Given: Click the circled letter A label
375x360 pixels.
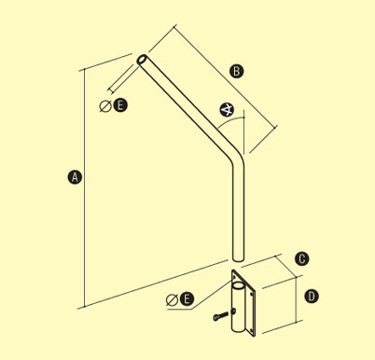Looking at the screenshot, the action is (75, 177).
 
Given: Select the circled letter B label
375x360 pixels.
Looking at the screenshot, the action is (237, 71).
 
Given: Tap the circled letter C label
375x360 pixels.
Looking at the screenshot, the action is (301, 259).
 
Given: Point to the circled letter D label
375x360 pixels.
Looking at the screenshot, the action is (312, 296).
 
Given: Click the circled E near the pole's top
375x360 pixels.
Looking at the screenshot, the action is (120, 105).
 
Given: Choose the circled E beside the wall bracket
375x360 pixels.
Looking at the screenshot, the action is (187, 299).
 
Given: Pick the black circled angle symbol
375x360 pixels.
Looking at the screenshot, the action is (227, 110).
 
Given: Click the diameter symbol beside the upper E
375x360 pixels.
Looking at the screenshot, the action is (105, 106).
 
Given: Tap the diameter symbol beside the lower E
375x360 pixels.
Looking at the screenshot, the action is (172, 299).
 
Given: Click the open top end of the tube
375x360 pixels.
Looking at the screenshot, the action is (143, 60).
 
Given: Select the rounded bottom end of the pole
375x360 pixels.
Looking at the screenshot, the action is (238, 258).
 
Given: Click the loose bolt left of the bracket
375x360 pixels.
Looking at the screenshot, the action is (220, 316).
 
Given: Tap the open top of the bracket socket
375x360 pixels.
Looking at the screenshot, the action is (239, 285).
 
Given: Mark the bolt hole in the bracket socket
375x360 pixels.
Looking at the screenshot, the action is (234, 311).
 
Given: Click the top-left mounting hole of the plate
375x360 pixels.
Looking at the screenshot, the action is (234, 275).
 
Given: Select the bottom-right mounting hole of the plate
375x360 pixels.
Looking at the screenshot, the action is (252, 331).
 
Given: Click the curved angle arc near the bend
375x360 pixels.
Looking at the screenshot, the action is (230, 120).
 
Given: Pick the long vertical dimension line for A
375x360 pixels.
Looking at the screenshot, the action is (84, 188).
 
